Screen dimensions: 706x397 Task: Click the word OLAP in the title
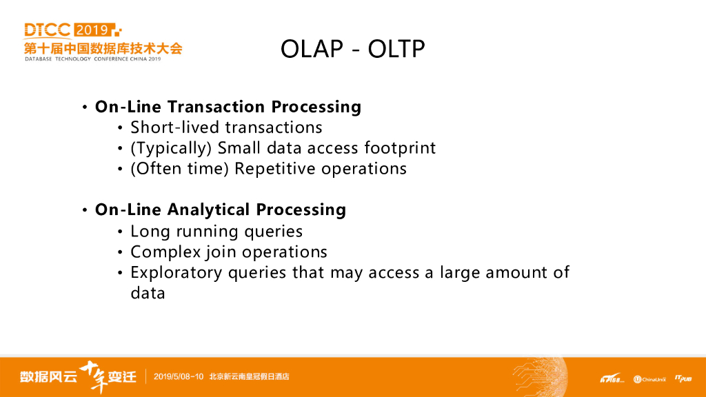[x=312, y=49]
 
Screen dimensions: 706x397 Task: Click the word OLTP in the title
[x=396, y=49]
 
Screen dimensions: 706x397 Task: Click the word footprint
[x=400, y=148]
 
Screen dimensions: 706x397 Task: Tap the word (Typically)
[x=171, y=148]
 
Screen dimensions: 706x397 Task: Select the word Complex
[x=165, y=252]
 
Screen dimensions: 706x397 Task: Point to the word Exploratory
[x=176, y=273]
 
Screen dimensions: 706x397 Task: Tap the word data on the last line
[x=148, y=294]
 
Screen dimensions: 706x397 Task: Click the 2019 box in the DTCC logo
[x=93, y=30]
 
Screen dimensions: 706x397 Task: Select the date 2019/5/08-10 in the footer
[x=179, y=377]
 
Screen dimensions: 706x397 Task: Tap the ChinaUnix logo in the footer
[x=649, y=380]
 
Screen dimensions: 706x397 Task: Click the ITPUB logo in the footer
[x=683, y=379]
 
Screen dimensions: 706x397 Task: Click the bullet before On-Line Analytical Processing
[x=85, y=210]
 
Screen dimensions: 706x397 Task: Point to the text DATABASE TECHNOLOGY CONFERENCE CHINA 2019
[x=93, y=59]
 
